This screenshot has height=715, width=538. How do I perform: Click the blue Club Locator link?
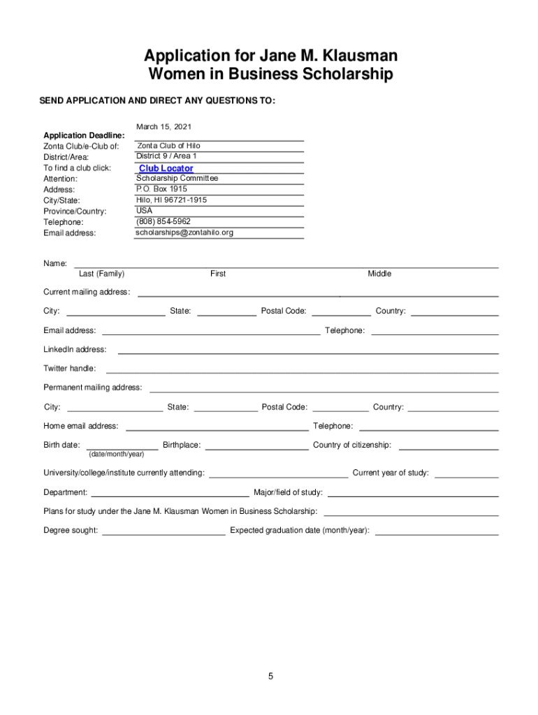[x=166, y=168]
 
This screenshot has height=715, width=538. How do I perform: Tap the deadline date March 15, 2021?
[x=163, y=126]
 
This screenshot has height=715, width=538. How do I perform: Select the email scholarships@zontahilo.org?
[x=184, y=233]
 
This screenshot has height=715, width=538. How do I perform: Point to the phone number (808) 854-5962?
[x=163, y=221]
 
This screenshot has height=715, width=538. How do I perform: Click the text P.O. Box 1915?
[x=161, y=189]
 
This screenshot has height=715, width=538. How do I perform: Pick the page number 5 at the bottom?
[x=270, y=676]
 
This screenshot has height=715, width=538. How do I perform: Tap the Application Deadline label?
[x=84, y=135]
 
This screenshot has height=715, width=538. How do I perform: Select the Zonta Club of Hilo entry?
[x=168, y=146]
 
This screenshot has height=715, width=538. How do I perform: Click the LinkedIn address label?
[x=75, y=349]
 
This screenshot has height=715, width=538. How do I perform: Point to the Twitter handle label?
[x=70, y=368]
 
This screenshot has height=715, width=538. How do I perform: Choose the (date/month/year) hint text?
[x=117, y=454]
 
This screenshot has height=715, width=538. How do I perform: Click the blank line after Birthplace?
[x=256, y=449]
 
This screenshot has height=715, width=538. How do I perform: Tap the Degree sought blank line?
[x=164, y=534]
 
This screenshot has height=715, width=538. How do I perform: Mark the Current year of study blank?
[x=466, y=477]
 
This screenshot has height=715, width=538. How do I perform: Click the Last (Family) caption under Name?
[x=102, y=274]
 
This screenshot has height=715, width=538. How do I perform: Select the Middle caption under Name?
[x=379, y=274]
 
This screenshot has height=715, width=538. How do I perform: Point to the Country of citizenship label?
[x=352, y=445]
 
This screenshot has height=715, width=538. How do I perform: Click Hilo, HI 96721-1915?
[x=171, y=200]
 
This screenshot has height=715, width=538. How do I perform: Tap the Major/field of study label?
[x=288, y=492]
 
